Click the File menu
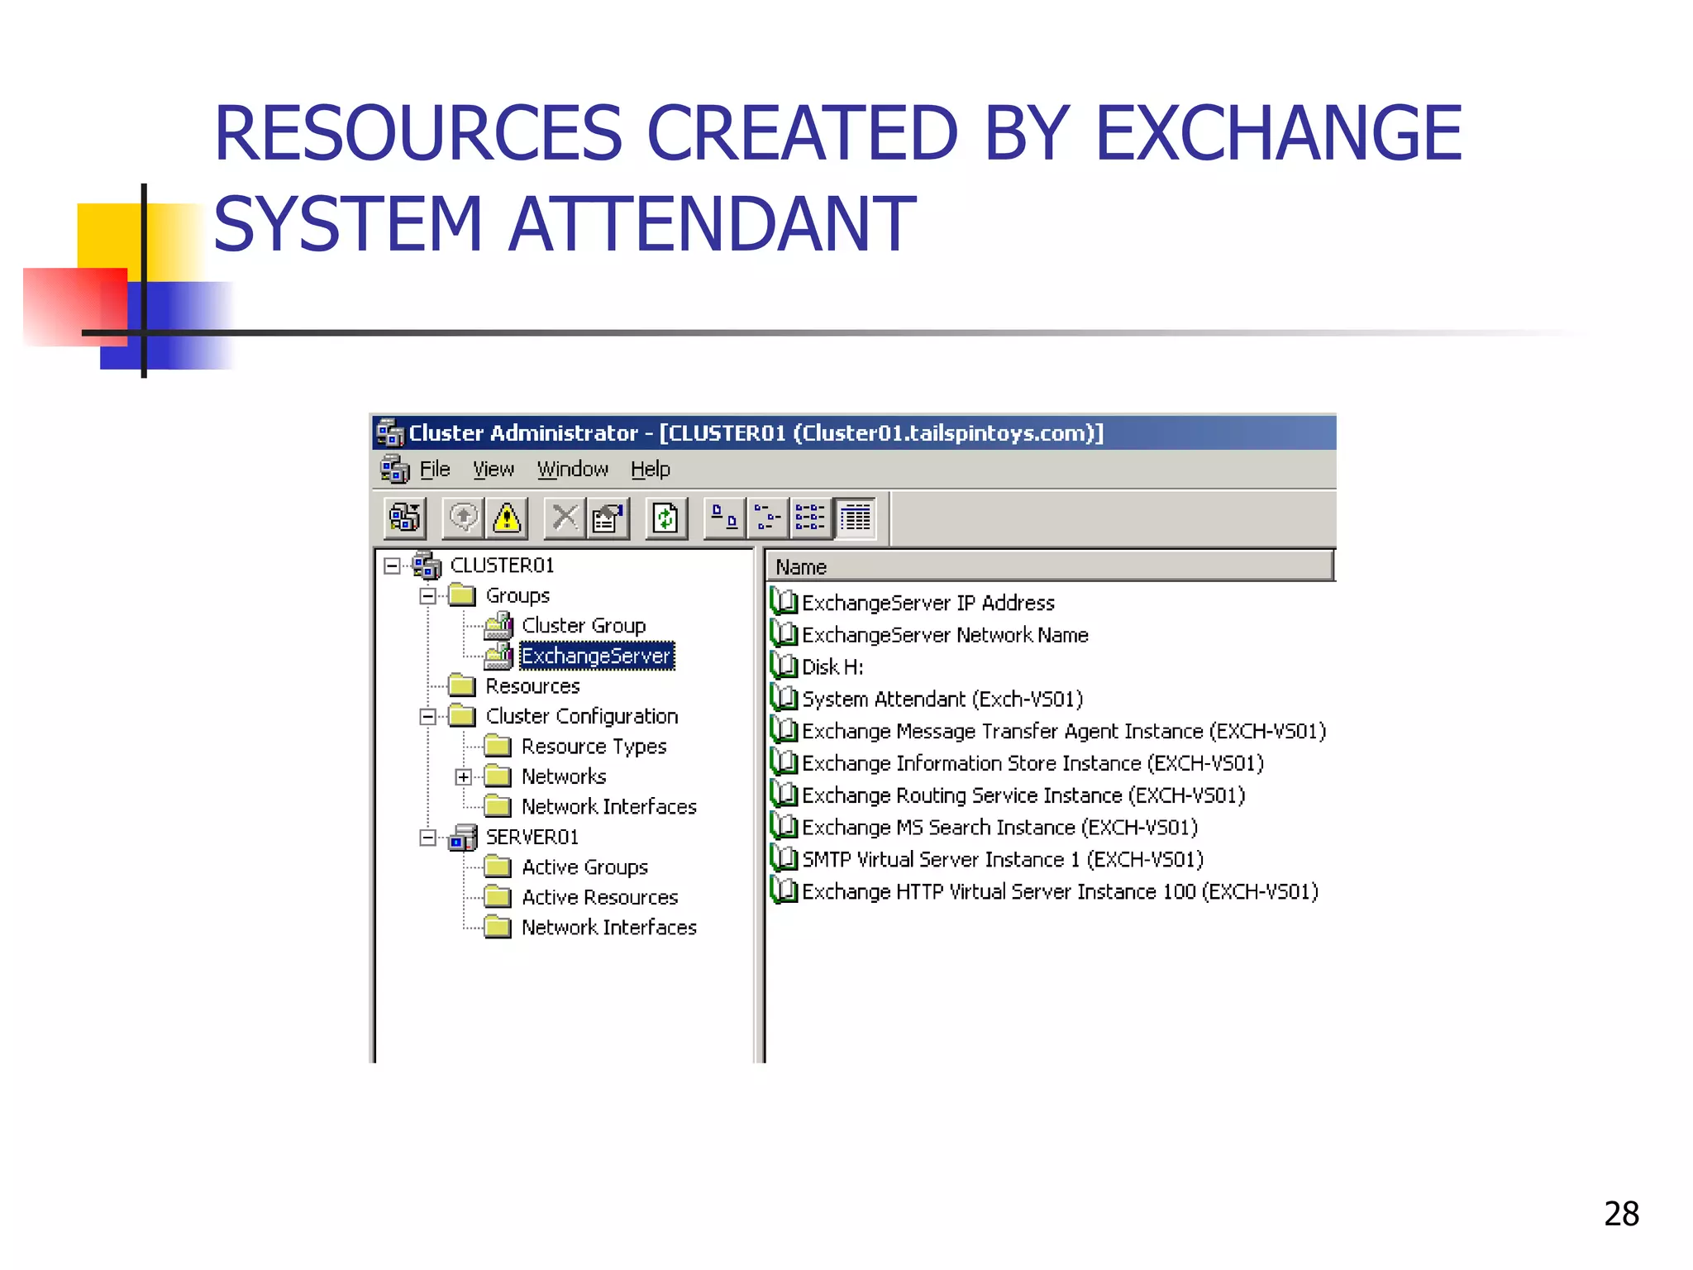(x=434, y=470)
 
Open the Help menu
(x=650, y=470)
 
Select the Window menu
(x=572, y=470)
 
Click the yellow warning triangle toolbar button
(x=507, y=518)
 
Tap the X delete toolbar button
(x=565, y=518)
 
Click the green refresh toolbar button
(x=665, y=518)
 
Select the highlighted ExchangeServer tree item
(x=595, y=656)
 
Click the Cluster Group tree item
(x=583, y=626)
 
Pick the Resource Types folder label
(x=594, y=747)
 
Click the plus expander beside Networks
(x=464, y=777)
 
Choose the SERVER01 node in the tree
(x=532, y=838)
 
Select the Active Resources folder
(x=599, y=898)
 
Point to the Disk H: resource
(x=832, y=667)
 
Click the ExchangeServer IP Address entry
(x=928, y=604)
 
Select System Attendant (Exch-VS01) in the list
(x=942, y=699)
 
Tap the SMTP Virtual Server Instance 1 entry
(x=1002, y=860)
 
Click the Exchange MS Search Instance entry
(x=999, y=828)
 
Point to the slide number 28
(x=1621, y=1214)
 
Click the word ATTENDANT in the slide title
(x=712, y=224)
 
